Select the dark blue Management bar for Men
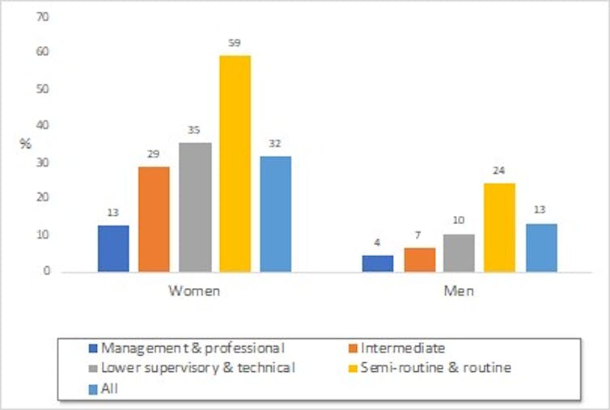[x=378, y=263]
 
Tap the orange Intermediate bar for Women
[x=154, y=218]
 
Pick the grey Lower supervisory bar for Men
[x=459, y=252]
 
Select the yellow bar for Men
[x=499, y=226]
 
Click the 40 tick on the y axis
[x=32, y=125]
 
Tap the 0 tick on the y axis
[x=36, y=271]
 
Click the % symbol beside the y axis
[x=25, y=144]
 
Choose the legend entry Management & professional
[x=193, y=349]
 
